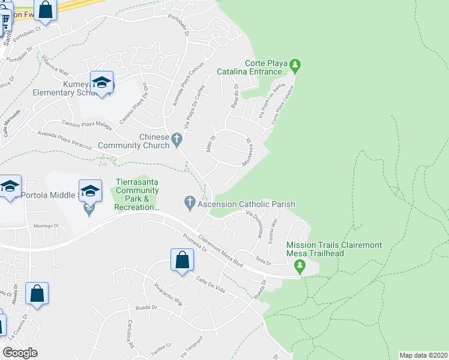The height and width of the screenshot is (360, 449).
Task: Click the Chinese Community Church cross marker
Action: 176,139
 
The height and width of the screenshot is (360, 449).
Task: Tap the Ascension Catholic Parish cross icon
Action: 190,204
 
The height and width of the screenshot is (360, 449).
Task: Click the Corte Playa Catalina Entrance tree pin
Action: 295,64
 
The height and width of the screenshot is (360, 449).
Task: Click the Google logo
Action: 20,353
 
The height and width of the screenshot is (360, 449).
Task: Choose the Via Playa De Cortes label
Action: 194,107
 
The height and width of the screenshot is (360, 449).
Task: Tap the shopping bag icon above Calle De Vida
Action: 182,260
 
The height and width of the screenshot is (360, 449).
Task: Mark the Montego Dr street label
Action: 47,226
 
